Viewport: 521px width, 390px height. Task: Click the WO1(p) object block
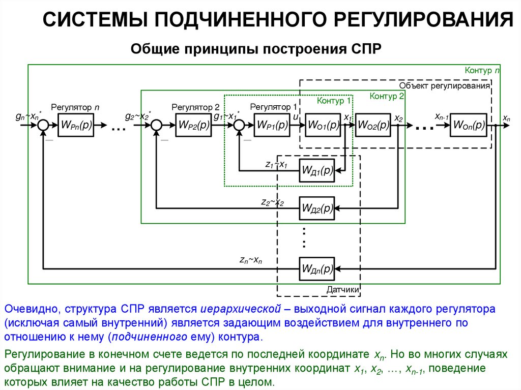click(x=323, y=125)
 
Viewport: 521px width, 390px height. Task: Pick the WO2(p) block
click(x=373, y=125)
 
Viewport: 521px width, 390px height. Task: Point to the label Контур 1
click(x=333, y=101)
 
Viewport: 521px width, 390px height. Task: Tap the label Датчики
click(x=343, y=290)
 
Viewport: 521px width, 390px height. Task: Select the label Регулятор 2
click(x=195, y=107)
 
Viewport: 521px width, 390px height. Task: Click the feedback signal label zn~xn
click(x=251, y=260)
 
